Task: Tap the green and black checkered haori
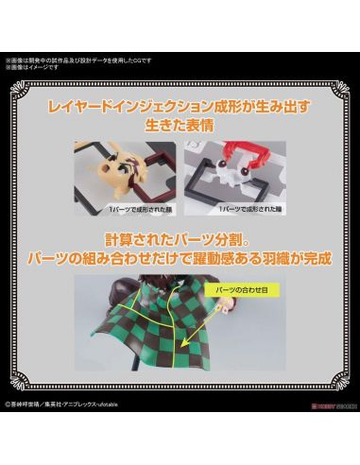point(161,340)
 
